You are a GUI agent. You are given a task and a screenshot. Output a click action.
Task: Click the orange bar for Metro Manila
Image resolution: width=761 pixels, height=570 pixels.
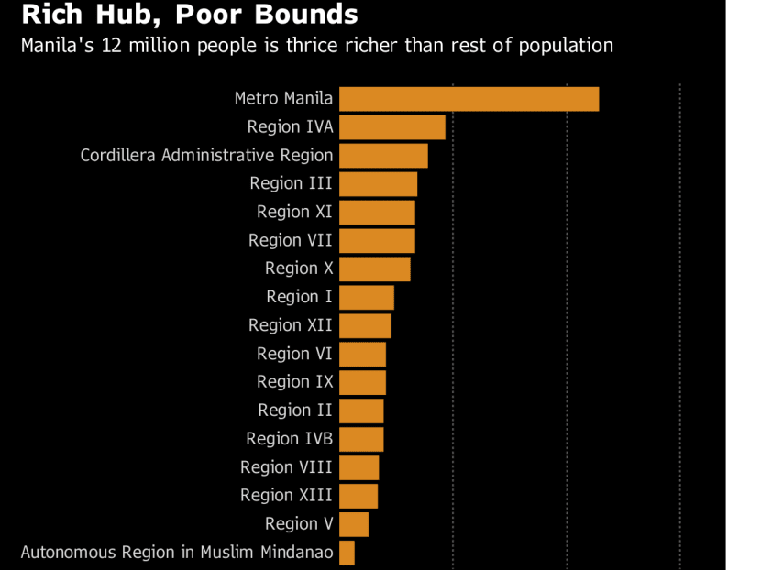click(469, 99)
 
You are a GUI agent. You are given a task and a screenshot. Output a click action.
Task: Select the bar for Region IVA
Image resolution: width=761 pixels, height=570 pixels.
click(392, 127)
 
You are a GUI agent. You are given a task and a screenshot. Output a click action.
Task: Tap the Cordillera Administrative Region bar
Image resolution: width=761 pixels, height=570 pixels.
click(383, 156)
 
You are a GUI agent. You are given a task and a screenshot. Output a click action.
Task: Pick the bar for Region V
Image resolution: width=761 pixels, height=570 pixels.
click(353, 524)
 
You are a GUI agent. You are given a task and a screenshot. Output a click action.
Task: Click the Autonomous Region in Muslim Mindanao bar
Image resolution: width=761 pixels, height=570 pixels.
click(347, 553)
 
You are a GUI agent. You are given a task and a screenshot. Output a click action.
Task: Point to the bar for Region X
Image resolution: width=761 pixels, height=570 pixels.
click(374, 269)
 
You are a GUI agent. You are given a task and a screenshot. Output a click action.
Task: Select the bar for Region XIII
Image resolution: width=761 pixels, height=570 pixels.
click(358, 496)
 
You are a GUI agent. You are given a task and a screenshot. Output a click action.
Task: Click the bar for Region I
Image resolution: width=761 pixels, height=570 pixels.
click(366, 298)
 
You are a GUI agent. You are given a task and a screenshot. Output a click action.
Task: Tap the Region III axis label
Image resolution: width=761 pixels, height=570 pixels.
click(291, 183)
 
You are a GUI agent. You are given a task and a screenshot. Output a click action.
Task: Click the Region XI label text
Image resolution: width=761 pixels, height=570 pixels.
click(294, 212)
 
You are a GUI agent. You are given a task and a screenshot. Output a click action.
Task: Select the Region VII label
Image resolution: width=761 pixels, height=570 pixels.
click(290, 240)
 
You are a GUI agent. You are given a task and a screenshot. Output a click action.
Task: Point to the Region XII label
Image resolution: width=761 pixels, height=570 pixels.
click(290, 325)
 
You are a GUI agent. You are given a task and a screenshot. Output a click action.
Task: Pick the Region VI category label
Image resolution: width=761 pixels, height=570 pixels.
click(294, 354)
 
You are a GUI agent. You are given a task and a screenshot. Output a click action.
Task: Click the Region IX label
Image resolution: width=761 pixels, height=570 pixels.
click(294, 382)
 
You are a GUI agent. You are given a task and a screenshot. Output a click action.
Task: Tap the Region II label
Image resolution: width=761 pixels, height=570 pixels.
click(295, 411)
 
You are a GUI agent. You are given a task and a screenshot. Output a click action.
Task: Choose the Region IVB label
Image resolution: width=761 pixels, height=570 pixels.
click(289, 439)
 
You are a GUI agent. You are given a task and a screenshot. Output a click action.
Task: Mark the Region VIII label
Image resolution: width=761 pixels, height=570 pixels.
click(286, 467)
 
